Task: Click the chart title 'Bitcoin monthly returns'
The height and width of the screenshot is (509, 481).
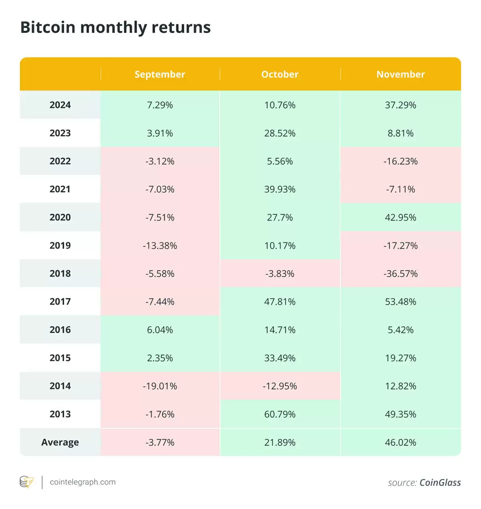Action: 115,28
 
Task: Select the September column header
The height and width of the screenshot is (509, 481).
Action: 160,75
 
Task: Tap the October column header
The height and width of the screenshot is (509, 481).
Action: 280,75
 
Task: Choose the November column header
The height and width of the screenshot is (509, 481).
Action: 400,75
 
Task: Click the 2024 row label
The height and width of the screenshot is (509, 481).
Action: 60,105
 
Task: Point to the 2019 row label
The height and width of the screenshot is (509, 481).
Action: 60,246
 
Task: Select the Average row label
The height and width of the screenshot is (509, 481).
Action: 60,442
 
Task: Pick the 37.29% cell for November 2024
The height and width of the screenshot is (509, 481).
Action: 400,105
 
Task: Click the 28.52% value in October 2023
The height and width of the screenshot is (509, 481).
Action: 280,133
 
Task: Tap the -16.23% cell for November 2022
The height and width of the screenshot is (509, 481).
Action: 400,162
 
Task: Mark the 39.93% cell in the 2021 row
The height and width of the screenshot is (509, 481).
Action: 280,189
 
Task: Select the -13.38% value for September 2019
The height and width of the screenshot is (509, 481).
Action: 160,246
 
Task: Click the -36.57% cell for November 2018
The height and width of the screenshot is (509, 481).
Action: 400,274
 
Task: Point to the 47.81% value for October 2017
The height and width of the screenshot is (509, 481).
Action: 280,302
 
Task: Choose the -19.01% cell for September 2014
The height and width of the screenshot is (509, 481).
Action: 160,386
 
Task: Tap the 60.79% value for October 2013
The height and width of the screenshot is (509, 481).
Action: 280,414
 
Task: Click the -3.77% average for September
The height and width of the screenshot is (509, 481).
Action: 160,442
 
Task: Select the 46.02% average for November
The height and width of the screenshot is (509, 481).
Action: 400,442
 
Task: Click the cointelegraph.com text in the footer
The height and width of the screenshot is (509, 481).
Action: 83,482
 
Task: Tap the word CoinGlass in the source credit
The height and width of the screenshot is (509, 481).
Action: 440,483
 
